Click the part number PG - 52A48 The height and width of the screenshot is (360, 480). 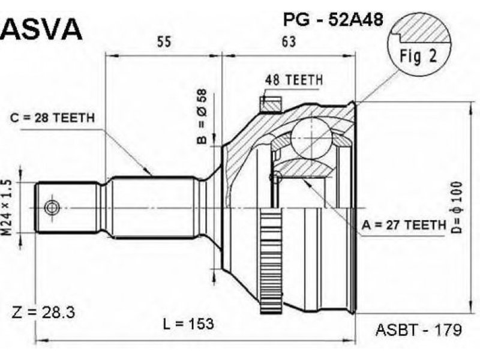333,20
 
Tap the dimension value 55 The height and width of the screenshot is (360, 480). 164,41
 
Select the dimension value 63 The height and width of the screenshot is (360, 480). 289,41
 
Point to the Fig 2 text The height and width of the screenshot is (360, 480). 418,56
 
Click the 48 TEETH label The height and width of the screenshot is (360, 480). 294,80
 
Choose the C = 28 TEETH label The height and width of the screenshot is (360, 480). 52,118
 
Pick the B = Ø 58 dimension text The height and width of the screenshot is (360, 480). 202,116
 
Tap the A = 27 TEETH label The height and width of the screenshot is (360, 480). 404,226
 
